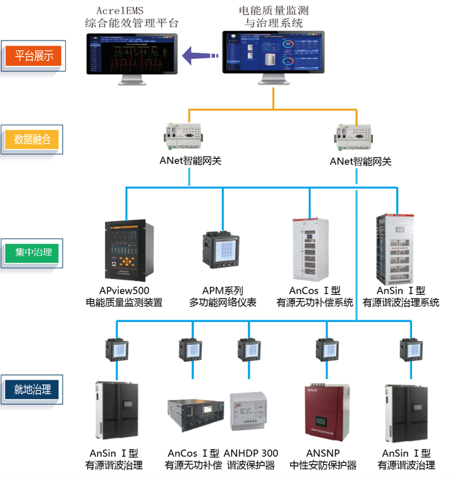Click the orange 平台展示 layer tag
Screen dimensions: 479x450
click(x=34, y=55)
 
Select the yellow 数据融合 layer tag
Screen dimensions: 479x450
click(x=35, y=139)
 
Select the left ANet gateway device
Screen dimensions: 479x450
click(x=188, y=134)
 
